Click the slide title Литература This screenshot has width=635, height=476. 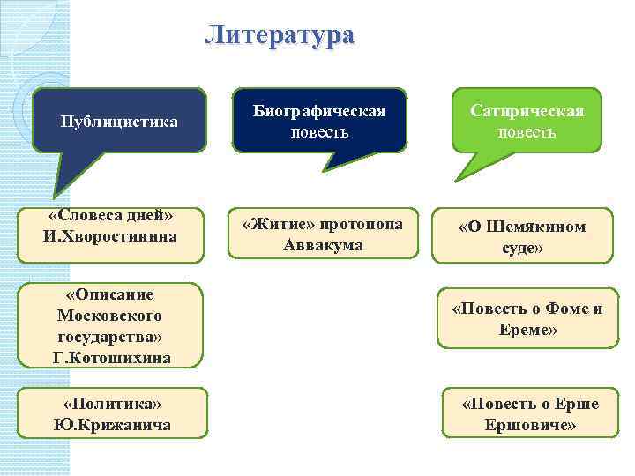(279, 35)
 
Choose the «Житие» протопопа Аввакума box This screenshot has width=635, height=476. (323, 234)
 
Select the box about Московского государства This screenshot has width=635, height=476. (110, 325)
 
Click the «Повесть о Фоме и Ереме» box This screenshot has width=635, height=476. (527, 319)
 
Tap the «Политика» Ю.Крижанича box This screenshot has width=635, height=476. (111, 414)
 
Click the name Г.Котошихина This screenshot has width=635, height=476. (111, 358)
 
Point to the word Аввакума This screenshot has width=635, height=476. (323, 245)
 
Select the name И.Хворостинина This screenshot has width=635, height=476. (110, 236)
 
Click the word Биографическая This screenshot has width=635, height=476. (319, 112)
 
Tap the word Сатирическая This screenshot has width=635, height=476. (527, 112)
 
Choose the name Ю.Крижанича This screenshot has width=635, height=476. (111, 426)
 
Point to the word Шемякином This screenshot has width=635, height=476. (542, 227)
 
